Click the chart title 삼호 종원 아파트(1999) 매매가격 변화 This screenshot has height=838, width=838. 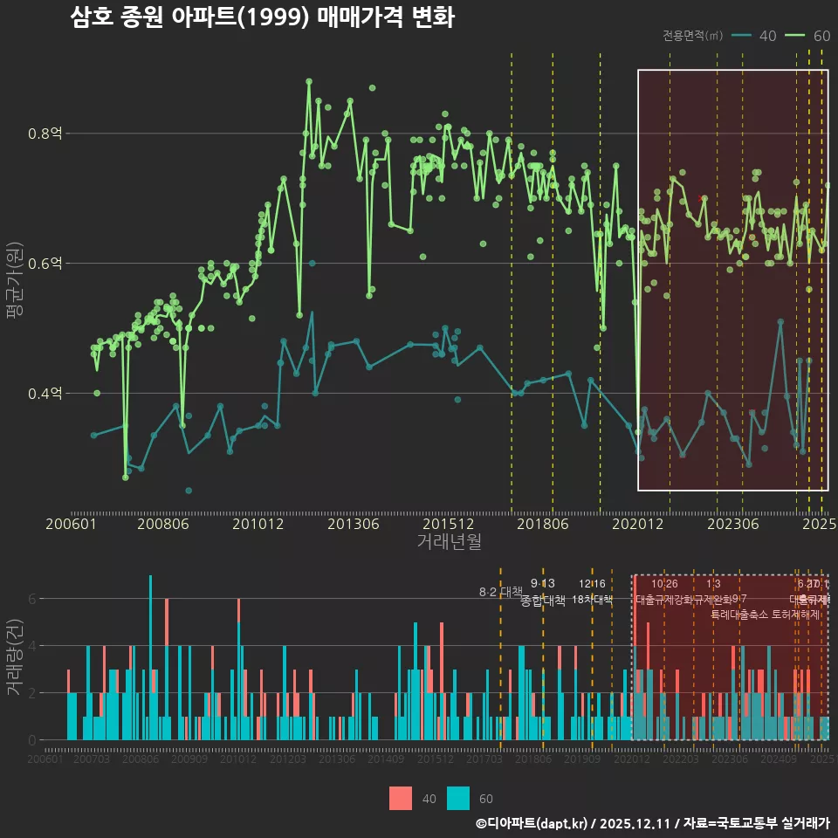[x=262, y=18]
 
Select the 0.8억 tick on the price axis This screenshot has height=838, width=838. [x=45, y=134]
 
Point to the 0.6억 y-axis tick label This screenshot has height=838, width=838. [x=45, y=264]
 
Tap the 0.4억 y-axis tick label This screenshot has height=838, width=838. [x=45, y=394]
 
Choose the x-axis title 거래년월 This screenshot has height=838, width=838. [x=449, y=542]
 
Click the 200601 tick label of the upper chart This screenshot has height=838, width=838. [x=71, y=524]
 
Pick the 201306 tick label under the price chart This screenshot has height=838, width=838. [x=353, y=524]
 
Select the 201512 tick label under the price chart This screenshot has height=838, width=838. [x=448, y=524]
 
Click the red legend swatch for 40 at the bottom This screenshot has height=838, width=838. [x=401, y=798]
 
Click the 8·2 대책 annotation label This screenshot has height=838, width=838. [x=499, y=592]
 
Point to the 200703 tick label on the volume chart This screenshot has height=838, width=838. [x=92, y=760]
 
